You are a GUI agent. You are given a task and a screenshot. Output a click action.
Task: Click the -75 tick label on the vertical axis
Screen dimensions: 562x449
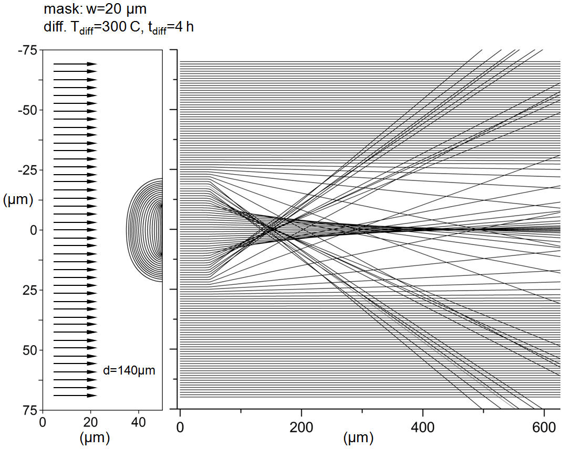point(28,50)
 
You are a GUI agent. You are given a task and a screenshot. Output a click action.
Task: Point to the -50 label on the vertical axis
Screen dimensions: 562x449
point(28,110)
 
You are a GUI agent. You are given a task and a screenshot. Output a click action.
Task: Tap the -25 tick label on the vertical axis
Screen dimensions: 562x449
point(28,170)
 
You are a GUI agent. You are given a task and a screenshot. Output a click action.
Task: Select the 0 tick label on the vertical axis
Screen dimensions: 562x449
point(34,230)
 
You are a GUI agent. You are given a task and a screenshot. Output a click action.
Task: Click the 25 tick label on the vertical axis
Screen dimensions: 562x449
point(30,291)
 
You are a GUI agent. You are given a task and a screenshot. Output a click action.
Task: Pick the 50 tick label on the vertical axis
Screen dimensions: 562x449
point(30,350)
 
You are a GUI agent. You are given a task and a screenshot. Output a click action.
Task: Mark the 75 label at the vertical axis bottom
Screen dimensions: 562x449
point(30,410)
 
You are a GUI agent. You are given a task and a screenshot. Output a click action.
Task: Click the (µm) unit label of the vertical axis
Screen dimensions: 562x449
point(18,199)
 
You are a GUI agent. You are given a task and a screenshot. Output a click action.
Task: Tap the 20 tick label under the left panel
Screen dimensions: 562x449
point(91,423)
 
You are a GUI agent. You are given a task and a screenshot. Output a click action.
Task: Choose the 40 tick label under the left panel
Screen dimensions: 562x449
point(139,423)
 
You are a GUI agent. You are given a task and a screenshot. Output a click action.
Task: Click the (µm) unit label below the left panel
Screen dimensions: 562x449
point(95,437)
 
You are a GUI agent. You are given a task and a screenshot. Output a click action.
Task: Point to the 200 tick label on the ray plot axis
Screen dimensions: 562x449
point(301,427)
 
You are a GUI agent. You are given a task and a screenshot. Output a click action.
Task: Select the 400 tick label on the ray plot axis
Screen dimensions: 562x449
point(423,427)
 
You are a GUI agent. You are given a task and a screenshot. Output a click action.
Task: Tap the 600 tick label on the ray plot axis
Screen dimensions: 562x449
point(544,427)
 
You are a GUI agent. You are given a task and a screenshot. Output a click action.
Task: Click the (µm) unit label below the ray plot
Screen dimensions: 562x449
point(358,437)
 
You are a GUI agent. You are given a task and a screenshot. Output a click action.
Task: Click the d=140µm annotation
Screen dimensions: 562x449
point(129,370)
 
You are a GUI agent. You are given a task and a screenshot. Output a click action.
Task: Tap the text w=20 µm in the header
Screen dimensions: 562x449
point(117,9)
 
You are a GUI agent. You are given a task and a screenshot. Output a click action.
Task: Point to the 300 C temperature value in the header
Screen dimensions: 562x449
point(120,27)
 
